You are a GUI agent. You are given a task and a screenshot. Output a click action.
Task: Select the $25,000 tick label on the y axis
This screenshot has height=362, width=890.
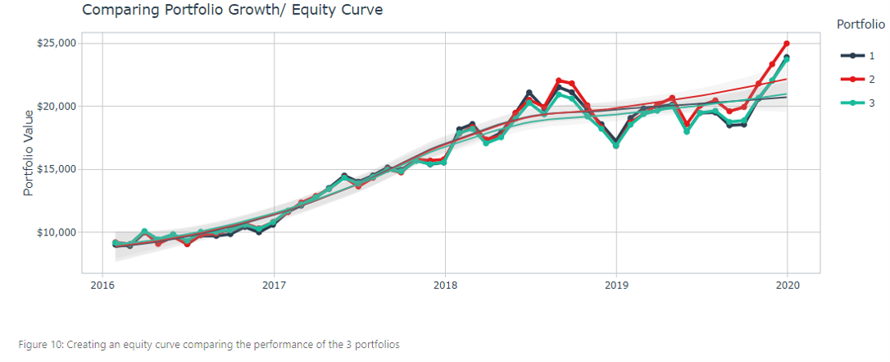[x=57, y=43]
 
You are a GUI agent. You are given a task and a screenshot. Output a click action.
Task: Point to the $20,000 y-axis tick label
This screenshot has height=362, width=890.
[x=57, y=106]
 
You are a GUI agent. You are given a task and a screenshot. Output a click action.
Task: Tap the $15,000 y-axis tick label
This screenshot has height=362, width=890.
[x=57, y=169]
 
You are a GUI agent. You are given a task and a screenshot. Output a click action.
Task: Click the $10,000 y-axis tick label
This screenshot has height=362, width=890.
[x=57, y=232]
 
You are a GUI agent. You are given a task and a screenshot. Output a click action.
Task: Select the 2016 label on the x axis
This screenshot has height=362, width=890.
[x=102, y=286]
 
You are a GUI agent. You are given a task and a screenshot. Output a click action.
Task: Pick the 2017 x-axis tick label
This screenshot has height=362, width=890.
[x=274, y=286]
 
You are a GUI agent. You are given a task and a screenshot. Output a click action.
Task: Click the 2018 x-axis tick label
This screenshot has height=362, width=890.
[x=445, y=286]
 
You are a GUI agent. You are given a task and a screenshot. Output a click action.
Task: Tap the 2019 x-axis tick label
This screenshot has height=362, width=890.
[x=616, y=286]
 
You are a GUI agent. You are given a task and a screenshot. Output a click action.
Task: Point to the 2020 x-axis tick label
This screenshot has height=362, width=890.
[x=787, y=286]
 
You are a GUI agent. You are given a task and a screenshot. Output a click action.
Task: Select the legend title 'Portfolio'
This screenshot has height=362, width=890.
[x=860, y=25]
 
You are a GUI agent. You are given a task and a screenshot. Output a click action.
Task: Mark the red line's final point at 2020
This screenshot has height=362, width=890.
[x=787, y=43]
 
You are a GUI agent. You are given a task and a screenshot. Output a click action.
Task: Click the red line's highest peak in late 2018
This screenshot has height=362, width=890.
[x=558, y=80]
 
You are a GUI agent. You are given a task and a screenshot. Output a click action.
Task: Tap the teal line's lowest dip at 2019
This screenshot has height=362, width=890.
[x=616, y=145]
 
